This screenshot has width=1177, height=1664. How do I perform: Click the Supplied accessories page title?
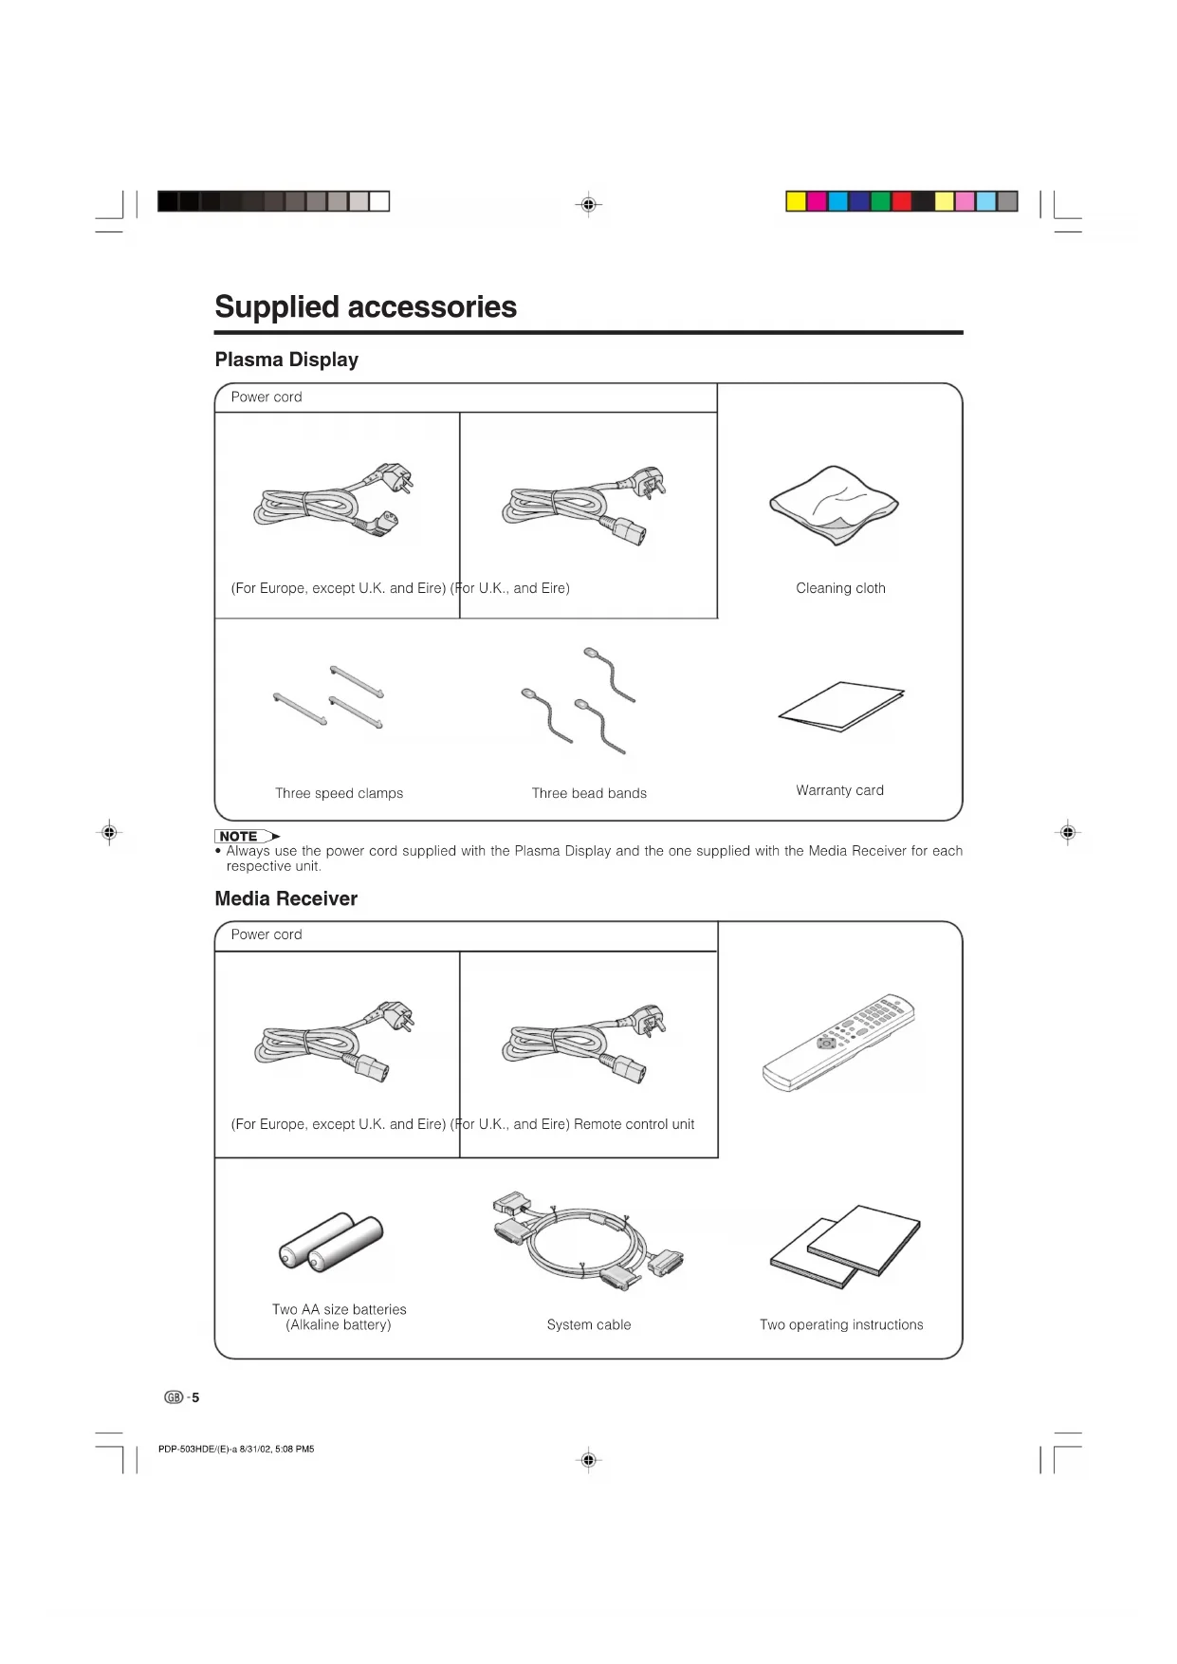point(365,307)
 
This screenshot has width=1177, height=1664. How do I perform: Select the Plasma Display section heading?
point(286,360)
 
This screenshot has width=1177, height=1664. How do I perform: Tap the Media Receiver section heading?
point(285,898)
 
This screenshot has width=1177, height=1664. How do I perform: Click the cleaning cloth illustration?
point(835,506)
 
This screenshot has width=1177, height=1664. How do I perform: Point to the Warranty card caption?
point(839,790)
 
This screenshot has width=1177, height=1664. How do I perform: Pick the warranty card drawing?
point(841,707)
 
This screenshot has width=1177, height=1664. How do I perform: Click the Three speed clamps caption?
point(339,793)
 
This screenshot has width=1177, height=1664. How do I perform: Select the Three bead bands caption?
point(589,793)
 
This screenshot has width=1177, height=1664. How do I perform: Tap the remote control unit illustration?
point(838,1043)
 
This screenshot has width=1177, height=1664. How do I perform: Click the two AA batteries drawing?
point(331,1242)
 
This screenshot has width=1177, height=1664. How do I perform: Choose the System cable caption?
point(588,1324)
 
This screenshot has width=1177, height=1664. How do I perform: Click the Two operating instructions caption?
point(841,1324)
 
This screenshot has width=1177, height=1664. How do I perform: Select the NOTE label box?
point(239,836)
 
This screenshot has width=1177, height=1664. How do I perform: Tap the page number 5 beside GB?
point(195,1397)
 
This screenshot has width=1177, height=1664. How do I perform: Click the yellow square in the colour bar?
point(796,201)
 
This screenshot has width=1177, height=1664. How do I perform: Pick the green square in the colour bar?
point(880,201)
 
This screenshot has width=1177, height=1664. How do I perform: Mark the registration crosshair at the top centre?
point(588,204)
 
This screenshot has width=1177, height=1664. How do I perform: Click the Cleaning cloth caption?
point(840,588)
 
